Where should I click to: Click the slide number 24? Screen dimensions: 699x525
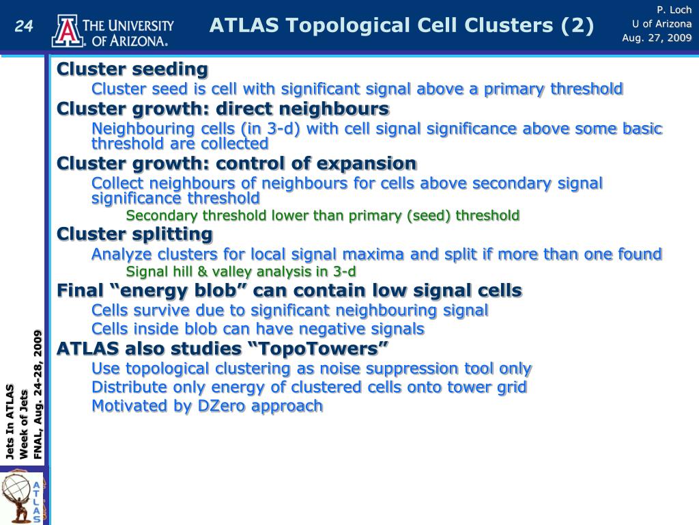click(x=24, y=26)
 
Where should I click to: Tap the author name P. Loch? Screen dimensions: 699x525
click(x=674, y=10)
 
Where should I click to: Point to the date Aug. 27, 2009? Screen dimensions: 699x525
click(x=657, y=38)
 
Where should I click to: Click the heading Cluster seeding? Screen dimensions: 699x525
click(x=132, y=69)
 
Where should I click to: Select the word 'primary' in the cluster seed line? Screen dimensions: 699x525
click(x=514, y=90)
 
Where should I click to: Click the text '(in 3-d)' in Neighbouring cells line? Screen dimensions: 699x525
click(x=270, y=129)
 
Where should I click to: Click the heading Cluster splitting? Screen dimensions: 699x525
click(x=134, y=234)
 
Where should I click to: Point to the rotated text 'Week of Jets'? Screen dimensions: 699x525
click(x=24, y=424)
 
